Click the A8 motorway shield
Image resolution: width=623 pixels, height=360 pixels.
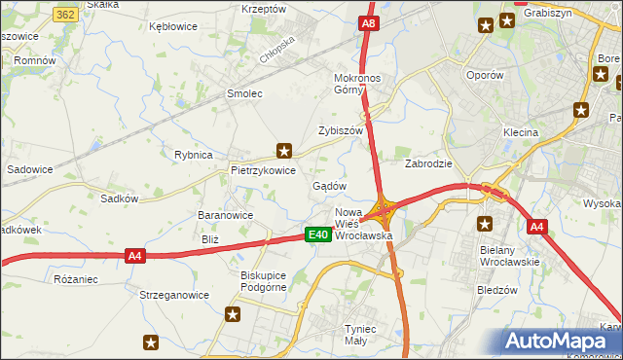[368, 23]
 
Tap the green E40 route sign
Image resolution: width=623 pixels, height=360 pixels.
[316, 234]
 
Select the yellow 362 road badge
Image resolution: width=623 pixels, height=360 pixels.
[66, 15]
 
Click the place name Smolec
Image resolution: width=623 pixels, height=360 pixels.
[244, 93]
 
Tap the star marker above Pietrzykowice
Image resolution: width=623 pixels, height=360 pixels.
[284, 150]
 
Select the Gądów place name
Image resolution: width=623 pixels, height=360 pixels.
[329, 185]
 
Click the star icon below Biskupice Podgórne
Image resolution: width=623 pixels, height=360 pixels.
[233, 313]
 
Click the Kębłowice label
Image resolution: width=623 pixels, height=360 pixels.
[173, 26]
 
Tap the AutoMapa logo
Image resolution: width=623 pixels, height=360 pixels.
[559, 341]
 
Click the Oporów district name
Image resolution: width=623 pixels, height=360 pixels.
[485, 75]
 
